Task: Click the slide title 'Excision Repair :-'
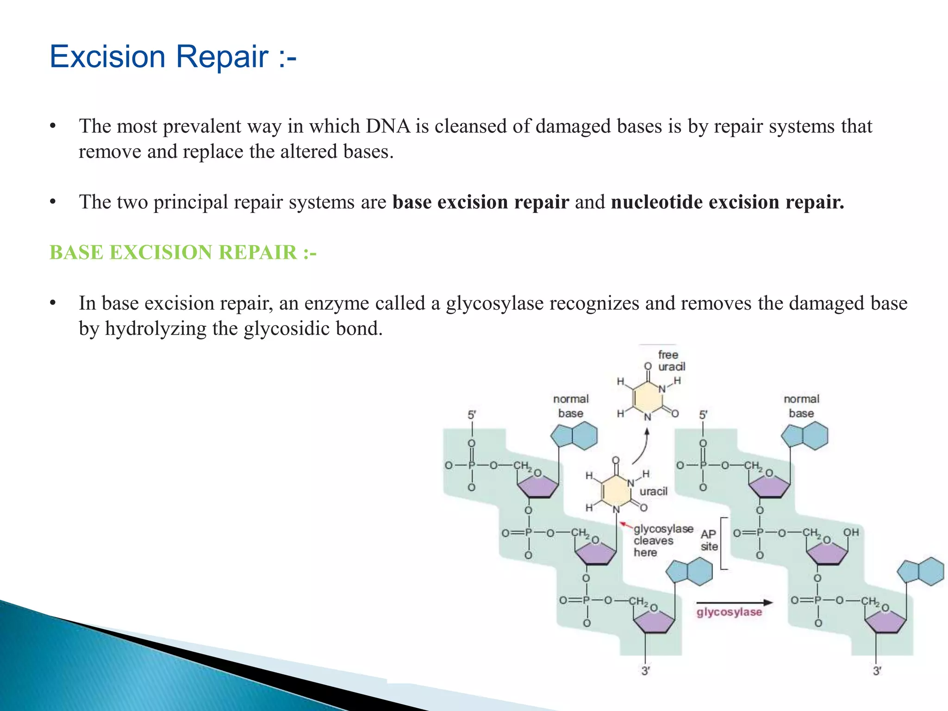click(172, 56)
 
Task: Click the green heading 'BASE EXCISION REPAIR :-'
click(183, 253)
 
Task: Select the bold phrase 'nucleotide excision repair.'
click(727, 202)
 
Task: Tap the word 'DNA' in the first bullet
click(388, 126)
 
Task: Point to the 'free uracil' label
click(671, 361)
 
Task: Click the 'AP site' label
click(709, 540)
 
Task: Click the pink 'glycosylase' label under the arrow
click(729, 612)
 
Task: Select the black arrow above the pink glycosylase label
click(734, 602)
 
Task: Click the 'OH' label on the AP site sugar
click(851, 532)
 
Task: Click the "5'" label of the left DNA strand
click(471, 415)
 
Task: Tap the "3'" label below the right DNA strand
click(877, 671)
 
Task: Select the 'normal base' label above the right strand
click(801, 406)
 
